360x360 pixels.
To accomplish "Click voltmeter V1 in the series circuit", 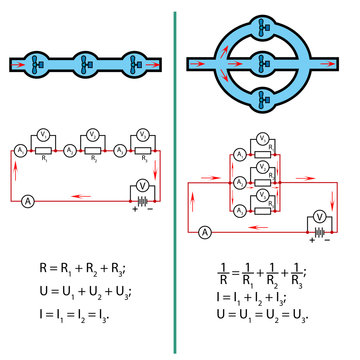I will tap(44, 134).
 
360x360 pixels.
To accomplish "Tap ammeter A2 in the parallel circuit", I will tap(235, 183).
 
